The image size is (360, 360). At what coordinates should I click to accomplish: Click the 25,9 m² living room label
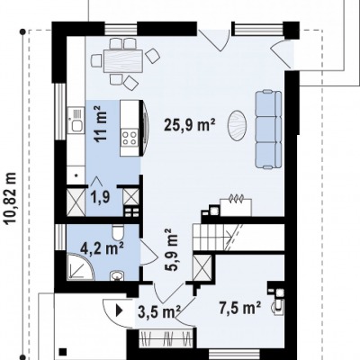[190, 124]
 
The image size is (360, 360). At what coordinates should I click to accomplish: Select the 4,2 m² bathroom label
[102, 248]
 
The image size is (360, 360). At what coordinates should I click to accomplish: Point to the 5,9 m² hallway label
[171, 250]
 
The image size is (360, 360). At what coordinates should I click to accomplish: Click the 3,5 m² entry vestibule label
[159, 311]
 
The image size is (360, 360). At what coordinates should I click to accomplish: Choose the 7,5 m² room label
[239, 308]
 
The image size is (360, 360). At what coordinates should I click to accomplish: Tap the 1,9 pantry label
[100, 197]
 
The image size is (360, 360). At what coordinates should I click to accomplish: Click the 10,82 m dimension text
[10, 198]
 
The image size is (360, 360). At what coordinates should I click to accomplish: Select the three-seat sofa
[268, 129]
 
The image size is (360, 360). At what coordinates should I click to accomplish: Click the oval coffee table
[237, 125]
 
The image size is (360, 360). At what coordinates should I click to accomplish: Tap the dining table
[123, 61]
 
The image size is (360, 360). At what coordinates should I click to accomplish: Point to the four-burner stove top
[130, 138]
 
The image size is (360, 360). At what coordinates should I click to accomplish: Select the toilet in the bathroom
[117, 233]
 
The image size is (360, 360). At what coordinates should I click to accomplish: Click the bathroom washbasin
[117, 275]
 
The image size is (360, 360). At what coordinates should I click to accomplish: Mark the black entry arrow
[120, 310]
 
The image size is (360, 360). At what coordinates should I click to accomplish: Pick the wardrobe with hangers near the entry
[166, 338]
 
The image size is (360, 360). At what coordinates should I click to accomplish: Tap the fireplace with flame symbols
[236, 205]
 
